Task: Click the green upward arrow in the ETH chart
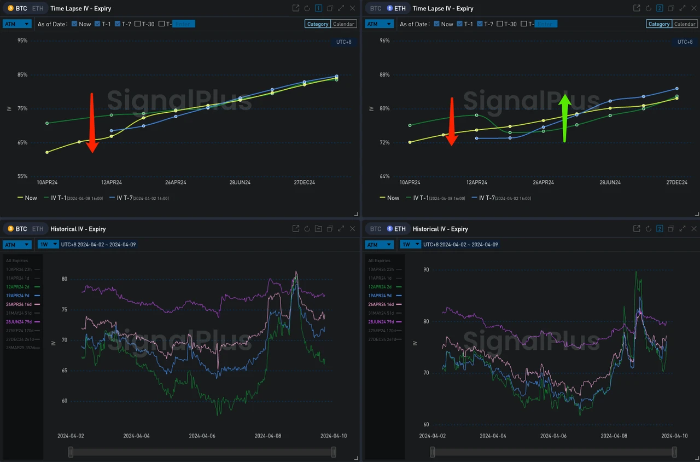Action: coord(565,118)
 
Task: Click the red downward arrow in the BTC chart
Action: coord(92,123)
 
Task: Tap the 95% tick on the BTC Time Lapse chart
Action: coord(22,41)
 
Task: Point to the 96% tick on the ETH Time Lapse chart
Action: coord(384,41)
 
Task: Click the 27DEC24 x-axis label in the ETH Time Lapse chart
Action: coord(676,182)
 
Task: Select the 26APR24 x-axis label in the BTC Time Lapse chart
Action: coord(176,182)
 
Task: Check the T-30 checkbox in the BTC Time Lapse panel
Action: coord(138,24)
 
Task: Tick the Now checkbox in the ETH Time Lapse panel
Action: coord(436,24)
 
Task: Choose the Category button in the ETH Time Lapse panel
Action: coord(658,24)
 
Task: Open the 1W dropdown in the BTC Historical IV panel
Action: coord(48,245)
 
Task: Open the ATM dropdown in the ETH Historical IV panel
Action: coord(379,245)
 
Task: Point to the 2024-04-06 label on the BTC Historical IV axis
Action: coord(202,436)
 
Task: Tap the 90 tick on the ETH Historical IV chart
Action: coord(426,269)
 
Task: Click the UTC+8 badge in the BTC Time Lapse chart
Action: coord(343,42)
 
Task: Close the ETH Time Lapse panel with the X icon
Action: coord(695,8)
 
